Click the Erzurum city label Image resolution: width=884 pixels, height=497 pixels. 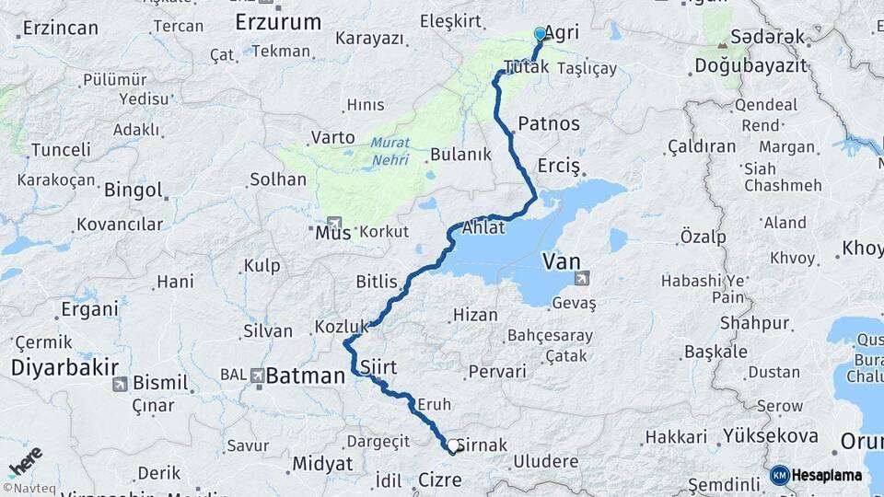278,21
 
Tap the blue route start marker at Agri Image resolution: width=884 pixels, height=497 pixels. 540,34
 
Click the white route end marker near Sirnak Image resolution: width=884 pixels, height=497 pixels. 452,448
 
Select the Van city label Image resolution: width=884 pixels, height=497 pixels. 561,261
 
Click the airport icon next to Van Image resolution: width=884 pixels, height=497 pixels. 582,279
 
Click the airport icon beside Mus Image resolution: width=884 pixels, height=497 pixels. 332,223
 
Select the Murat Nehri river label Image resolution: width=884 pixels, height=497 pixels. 390,152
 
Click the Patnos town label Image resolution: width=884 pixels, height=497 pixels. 549,123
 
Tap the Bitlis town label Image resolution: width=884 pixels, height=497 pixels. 377,282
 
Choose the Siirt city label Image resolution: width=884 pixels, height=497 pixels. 378,367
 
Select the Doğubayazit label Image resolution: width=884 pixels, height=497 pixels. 750,65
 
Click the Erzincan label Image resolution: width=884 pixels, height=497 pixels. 60,28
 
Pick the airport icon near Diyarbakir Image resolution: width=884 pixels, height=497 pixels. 119,384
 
